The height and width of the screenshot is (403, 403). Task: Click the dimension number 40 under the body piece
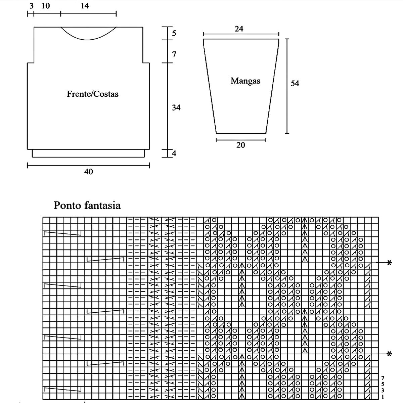pyautogui.click(x=88, y=172)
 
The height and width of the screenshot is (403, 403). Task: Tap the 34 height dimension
pyautogui.click(x=176, y=107)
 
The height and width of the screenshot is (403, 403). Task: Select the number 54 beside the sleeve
pyautogui.click(x=295, y=83)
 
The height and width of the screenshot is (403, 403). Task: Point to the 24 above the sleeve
pyautogui.click(x=239, y=29)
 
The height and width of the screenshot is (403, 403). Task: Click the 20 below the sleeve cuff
pyautogui.click(x=241, y=145)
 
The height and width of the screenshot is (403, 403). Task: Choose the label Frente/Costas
pyautogui.click(x=93, y=94)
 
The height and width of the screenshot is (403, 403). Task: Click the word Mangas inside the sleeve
pyautogui.click(x=245, y=81)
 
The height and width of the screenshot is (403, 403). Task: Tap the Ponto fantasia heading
pyautogui.click(x=87, y=205)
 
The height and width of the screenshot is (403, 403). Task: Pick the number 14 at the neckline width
pyautogui.click(x=85, y=6)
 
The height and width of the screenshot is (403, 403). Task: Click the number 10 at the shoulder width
pyautogui.click(x=46, y=6)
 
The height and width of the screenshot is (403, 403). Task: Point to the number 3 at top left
pyautogui.click(x=31, y=6)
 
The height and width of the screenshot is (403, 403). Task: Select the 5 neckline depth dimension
pyautogui.click(x=174, y=33)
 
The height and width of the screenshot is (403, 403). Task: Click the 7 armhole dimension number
pyautogui.click(x=174, y=54)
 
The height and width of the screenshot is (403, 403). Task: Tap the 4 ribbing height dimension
pyautogui.click(x=174, y=153)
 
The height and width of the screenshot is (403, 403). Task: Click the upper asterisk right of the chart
pyautogui.click(x=389, y=263)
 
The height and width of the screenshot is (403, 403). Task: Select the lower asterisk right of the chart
pyautogui.click(x=389, y=354)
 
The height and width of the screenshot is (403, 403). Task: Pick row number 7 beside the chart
pyautogui.click(x=383, y=378)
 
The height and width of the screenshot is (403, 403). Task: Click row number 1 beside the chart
pyautogui.click(x=383, y=397)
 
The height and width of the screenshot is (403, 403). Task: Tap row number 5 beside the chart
pyautogui.click(x=383, y=384)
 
